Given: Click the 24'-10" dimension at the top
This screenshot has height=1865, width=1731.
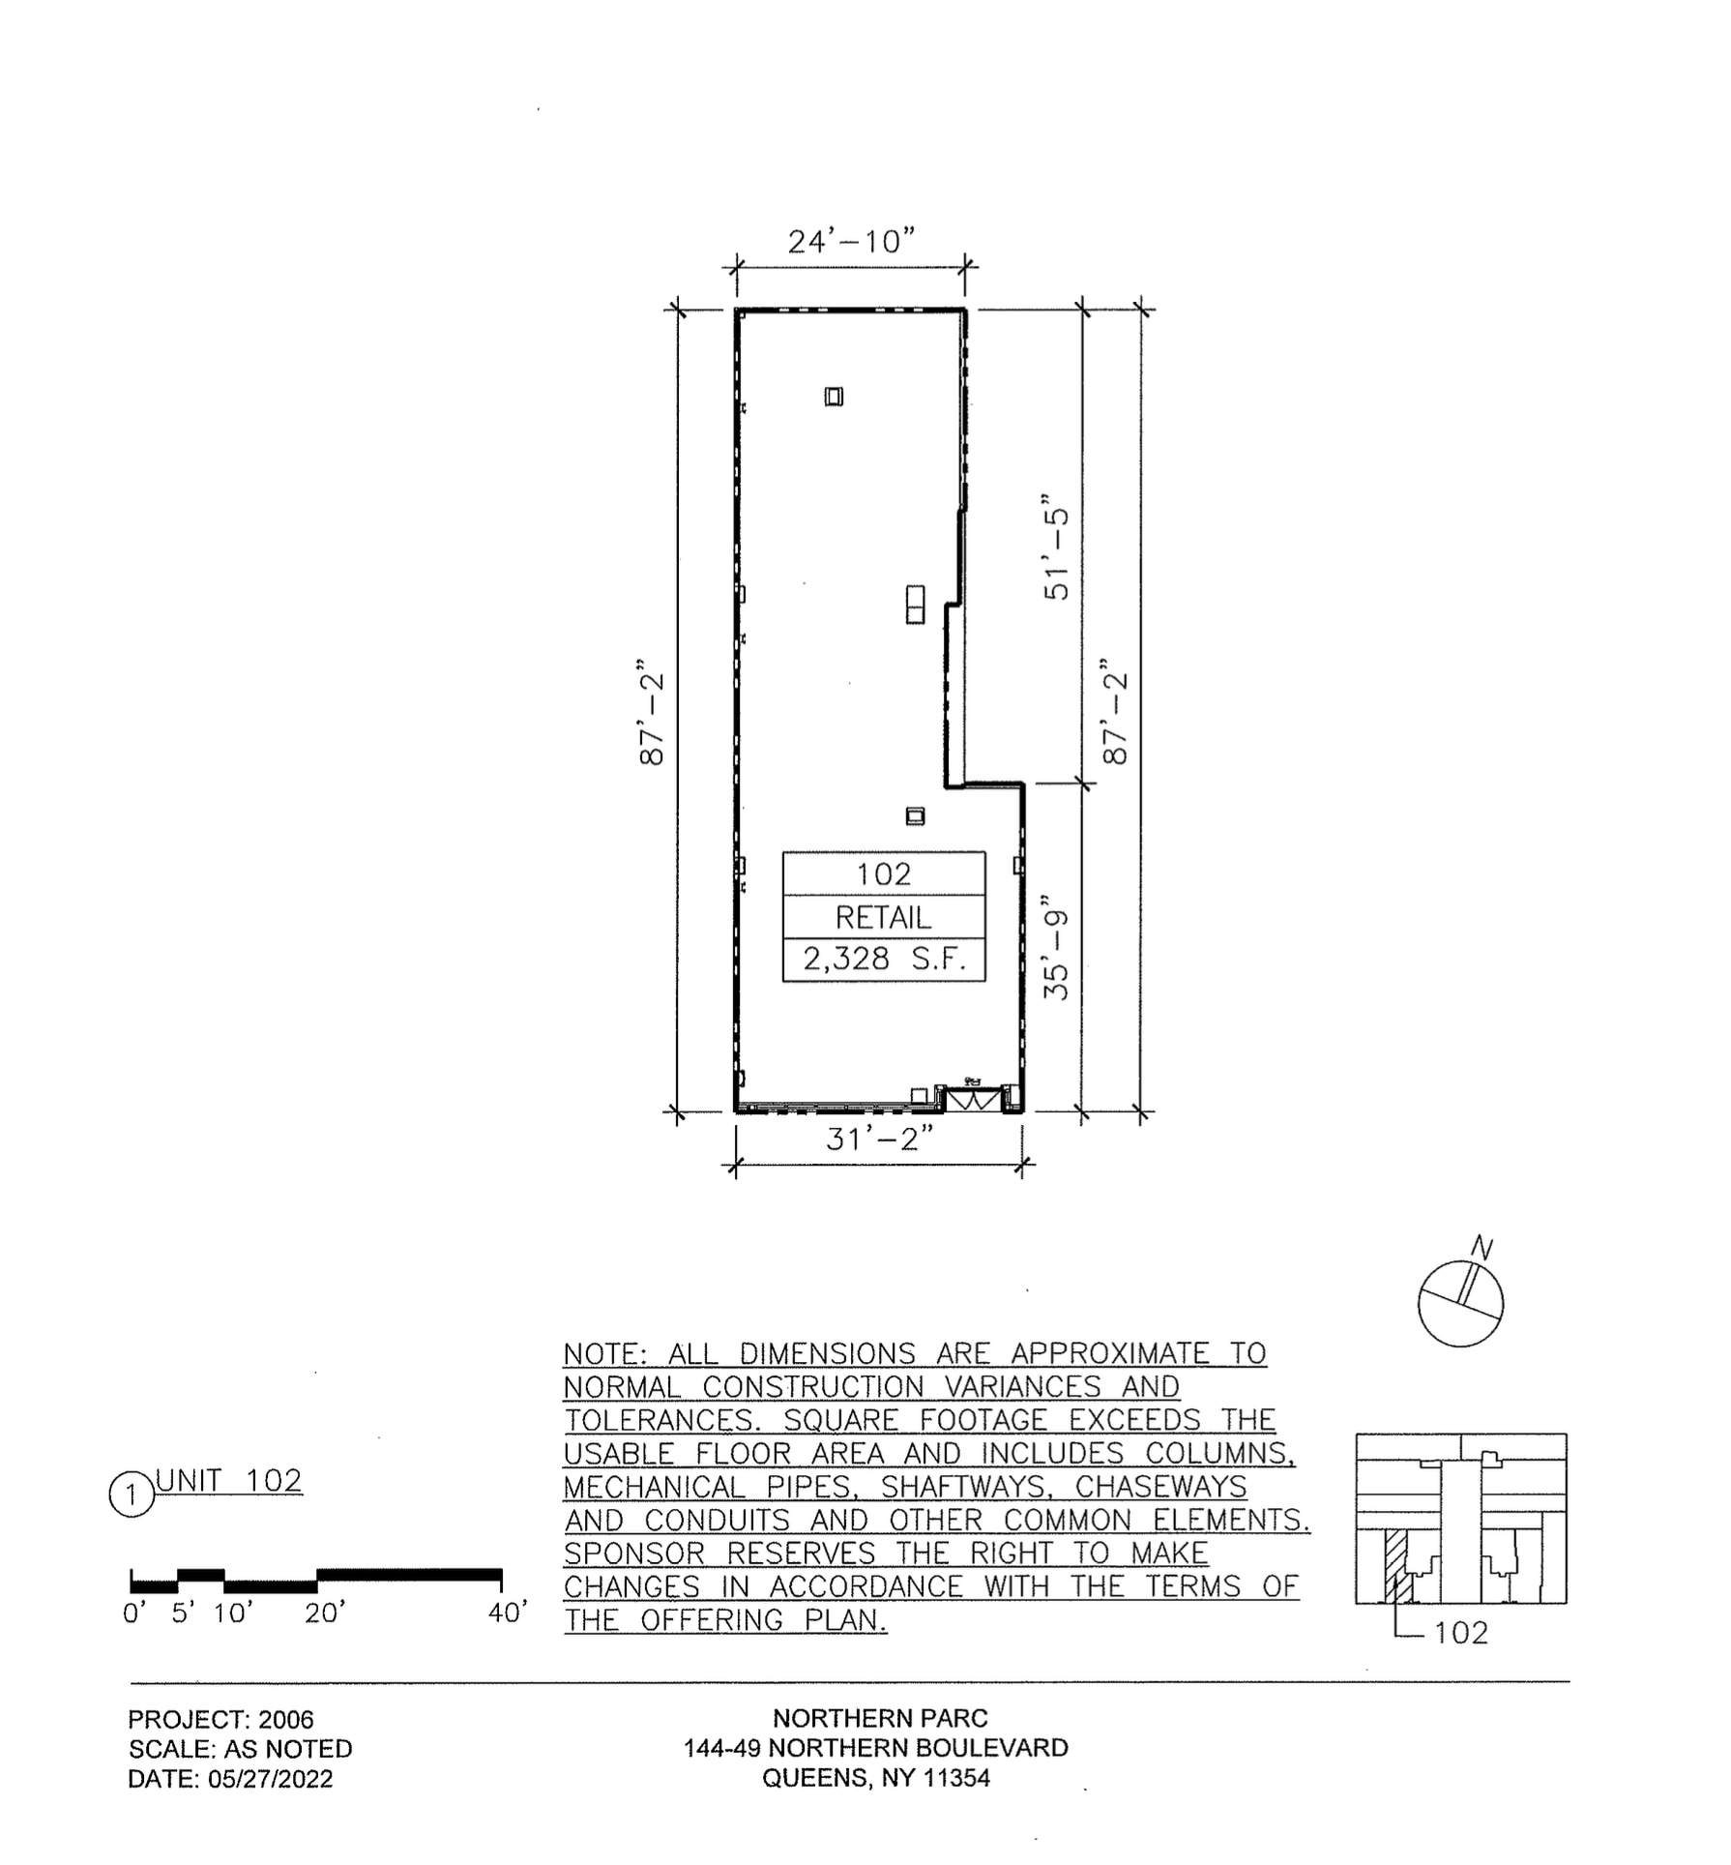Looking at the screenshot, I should (850, 240).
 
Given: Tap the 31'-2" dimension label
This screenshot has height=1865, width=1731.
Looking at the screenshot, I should (879, 1139).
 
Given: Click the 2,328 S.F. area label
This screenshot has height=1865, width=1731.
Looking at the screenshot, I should (884, 959).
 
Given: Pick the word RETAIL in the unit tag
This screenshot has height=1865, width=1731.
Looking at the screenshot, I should (883, 917).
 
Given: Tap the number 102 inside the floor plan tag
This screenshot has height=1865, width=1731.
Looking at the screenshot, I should (883, 873).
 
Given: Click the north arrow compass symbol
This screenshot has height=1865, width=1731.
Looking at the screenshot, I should (1460, 1302).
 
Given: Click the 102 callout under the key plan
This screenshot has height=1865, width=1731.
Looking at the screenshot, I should (1460, 1633).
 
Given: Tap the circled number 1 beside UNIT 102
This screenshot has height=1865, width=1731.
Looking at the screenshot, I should (131, 1495).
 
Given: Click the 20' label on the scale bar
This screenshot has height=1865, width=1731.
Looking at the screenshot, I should (325, 1613).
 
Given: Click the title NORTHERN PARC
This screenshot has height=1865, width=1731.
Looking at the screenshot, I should (879, 1718).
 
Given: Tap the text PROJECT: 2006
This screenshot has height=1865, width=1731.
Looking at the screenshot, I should (220, 1719).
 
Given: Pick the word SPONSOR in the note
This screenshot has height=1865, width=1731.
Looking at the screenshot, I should (634, 1554).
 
